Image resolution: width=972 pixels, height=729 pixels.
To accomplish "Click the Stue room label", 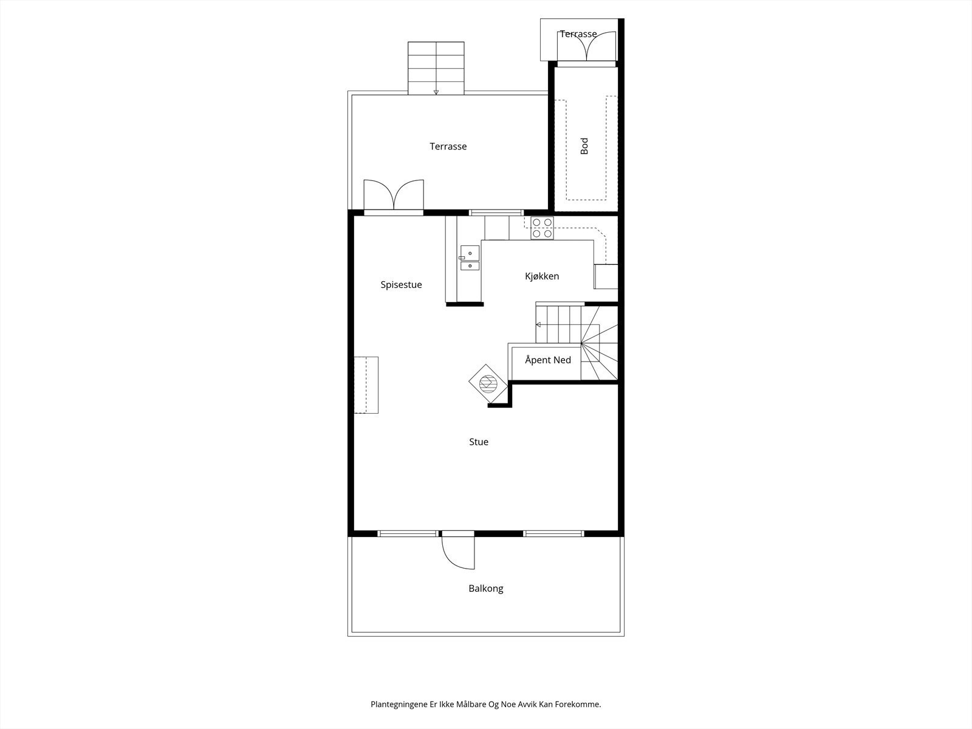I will point(479,442).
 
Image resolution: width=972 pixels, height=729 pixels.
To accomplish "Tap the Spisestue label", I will point(401,285).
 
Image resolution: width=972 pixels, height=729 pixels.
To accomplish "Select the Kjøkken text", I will point(542,276).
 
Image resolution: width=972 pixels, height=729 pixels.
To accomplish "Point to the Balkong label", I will point(485,589).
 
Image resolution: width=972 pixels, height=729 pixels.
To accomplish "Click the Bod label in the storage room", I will point(584,146).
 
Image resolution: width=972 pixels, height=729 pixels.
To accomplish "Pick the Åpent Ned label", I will point(547,360).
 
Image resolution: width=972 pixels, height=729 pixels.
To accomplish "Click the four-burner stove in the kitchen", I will point(542,228).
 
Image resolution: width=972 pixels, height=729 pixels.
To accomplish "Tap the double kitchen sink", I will point(470,258).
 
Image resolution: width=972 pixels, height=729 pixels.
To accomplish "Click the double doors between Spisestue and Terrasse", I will point(393,196).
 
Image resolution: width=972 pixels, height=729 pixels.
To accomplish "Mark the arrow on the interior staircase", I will point(538,324).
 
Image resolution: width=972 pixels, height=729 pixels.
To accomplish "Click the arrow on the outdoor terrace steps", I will point(436,92).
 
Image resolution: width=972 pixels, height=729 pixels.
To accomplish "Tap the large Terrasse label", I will point(448,146).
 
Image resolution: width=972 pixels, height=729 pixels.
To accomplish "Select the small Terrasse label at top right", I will point(578,34).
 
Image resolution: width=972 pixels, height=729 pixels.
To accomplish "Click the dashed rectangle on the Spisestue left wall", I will point(366,385).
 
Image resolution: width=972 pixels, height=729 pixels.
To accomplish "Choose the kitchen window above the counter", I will point(496,212).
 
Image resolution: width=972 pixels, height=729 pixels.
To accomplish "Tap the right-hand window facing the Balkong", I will point(553,533).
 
